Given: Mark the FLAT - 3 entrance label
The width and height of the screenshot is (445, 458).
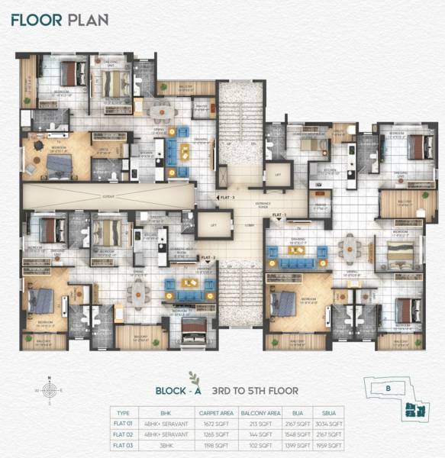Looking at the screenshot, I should coord(226,197).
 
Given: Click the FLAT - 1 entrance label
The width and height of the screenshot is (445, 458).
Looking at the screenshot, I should coord(279,216).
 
